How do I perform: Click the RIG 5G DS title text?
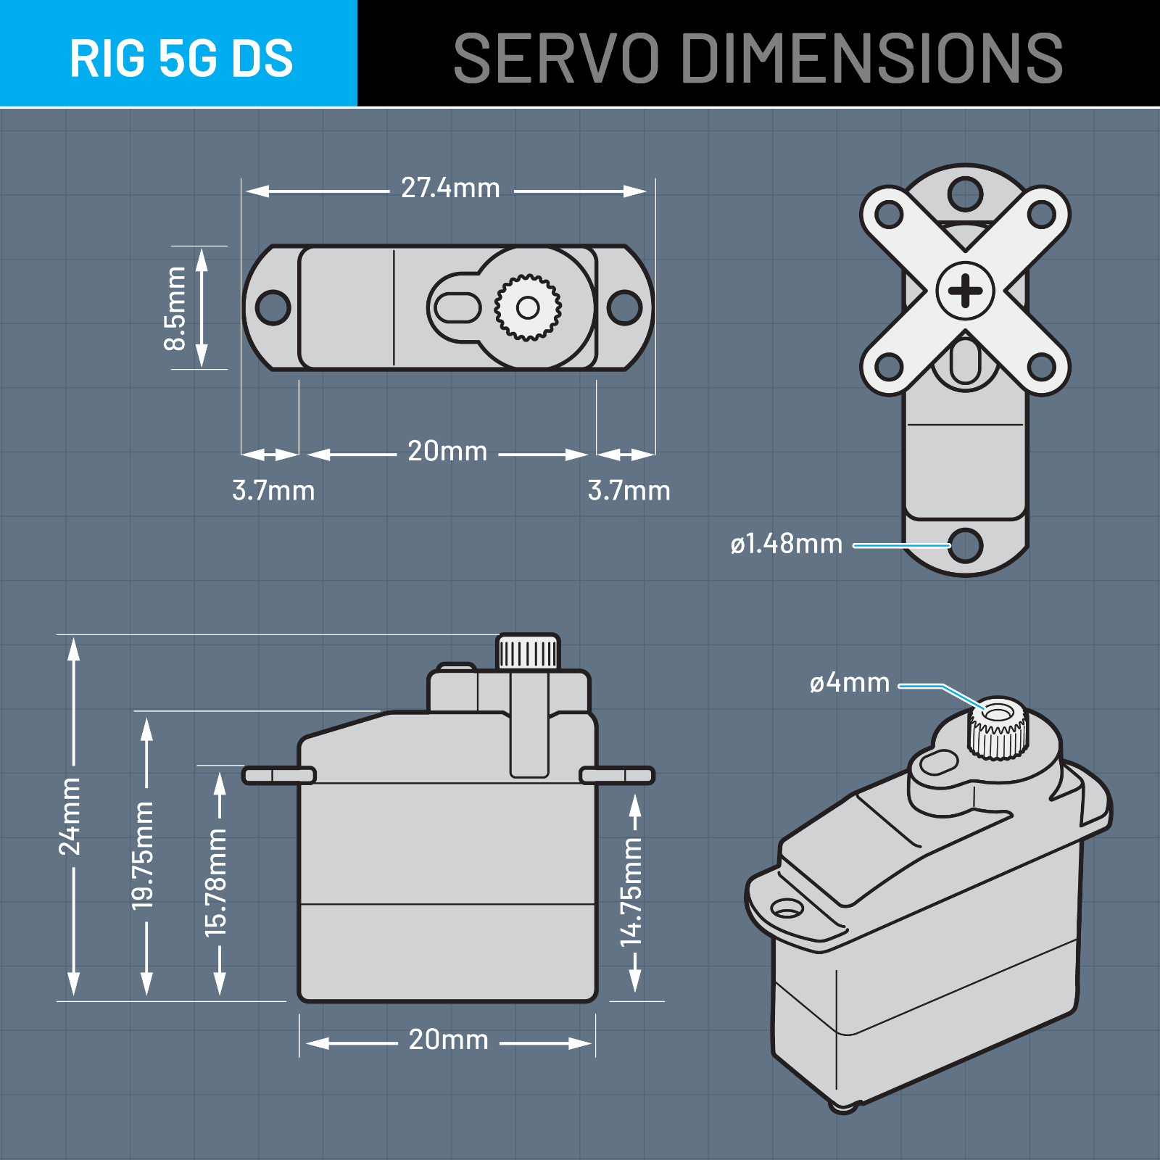click(181, 58)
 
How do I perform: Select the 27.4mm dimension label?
click(450, 188)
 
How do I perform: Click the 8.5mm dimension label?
click(175, 308)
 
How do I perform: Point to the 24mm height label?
click(70, 816)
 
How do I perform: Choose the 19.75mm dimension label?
click(144, 855)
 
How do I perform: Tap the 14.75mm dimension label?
click(631, 892)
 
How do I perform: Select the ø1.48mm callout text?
click(786, 544)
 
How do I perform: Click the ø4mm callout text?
click(849, 683)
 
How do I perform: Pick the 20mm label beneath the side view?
click(448, 1040)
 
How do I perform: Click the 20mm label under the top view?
click(447, 452)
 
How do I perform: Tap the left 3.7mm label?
click(273, 491)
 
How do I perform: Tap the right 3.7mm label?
click(629, 491)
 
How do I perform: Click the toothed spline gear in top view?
click(528, 308)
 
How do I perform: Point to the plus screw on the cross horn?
click(965, 291)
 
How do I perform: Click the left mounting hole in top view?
click(273, 307)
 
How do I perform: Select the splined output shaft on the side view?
click(528, 652)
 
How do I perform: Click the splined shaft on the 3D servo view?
click(998, 729)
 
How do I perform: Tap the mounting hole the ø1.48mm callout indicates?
click(966, 545)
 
